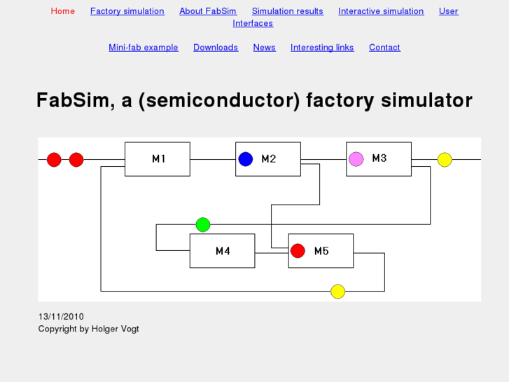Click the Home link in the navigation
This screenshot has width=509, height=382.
tap(62, 11)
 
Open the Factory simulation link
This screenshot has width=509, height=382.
tap(127, 11)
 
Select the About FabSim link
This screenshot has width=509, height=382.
tap(208, 11)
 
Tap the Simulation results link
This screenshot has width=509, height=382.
tap(287, 11)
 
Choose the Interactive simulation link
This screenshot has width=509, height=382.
tap(381, 11)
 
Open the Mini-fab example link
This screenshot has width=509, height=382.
tap(143, 48)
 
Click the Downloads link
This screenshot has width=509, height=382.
tap(216, 48)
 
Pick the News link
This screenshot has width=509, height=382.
tap(264, 48)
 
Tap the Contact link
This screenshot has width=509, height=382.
tap(384, 48)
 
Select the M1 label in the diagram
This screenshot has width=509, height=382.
tap(159, 159)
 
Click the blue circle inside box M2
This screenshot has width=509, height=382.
tap(245, 159)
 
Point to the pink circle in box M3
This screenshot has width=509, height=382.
tap(356, 159)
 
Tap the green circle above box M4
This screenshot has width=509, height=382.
tap(202, 224)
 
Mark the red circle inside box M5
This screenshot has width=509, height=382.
tap(298, 250)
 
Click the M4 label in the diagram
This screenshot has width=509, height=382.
tap(223, 251)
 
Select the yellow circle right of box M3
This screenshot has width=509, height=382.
tap(445, 160)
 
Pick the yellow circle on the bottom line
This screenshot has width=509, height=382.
tap(337, 291)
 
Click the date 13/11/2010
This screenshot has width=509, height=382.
tap(61, 317)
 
